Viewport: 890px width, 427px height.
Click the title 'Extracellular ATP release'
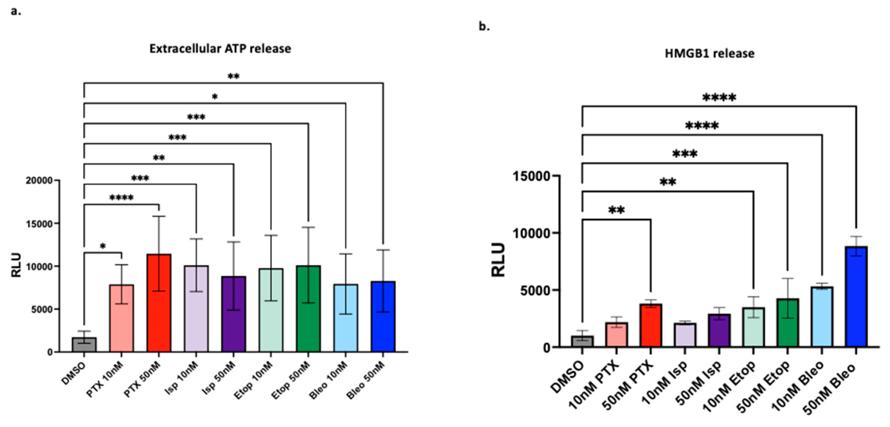220,49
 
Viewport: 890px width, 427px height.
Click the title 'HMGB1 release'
709,53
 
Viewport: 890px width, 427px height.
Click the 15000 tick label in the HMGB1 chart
531,176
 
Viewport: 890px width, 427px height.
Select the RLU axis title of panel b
498,260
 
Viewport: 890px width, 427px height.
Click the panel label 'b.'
484,26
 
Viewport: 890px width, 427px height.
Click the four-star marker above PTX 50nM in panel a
121,198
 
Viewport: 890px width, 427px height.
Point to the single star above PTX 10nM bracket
102,246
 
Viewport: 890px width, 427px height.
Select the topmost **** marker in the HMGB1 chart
719,98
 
